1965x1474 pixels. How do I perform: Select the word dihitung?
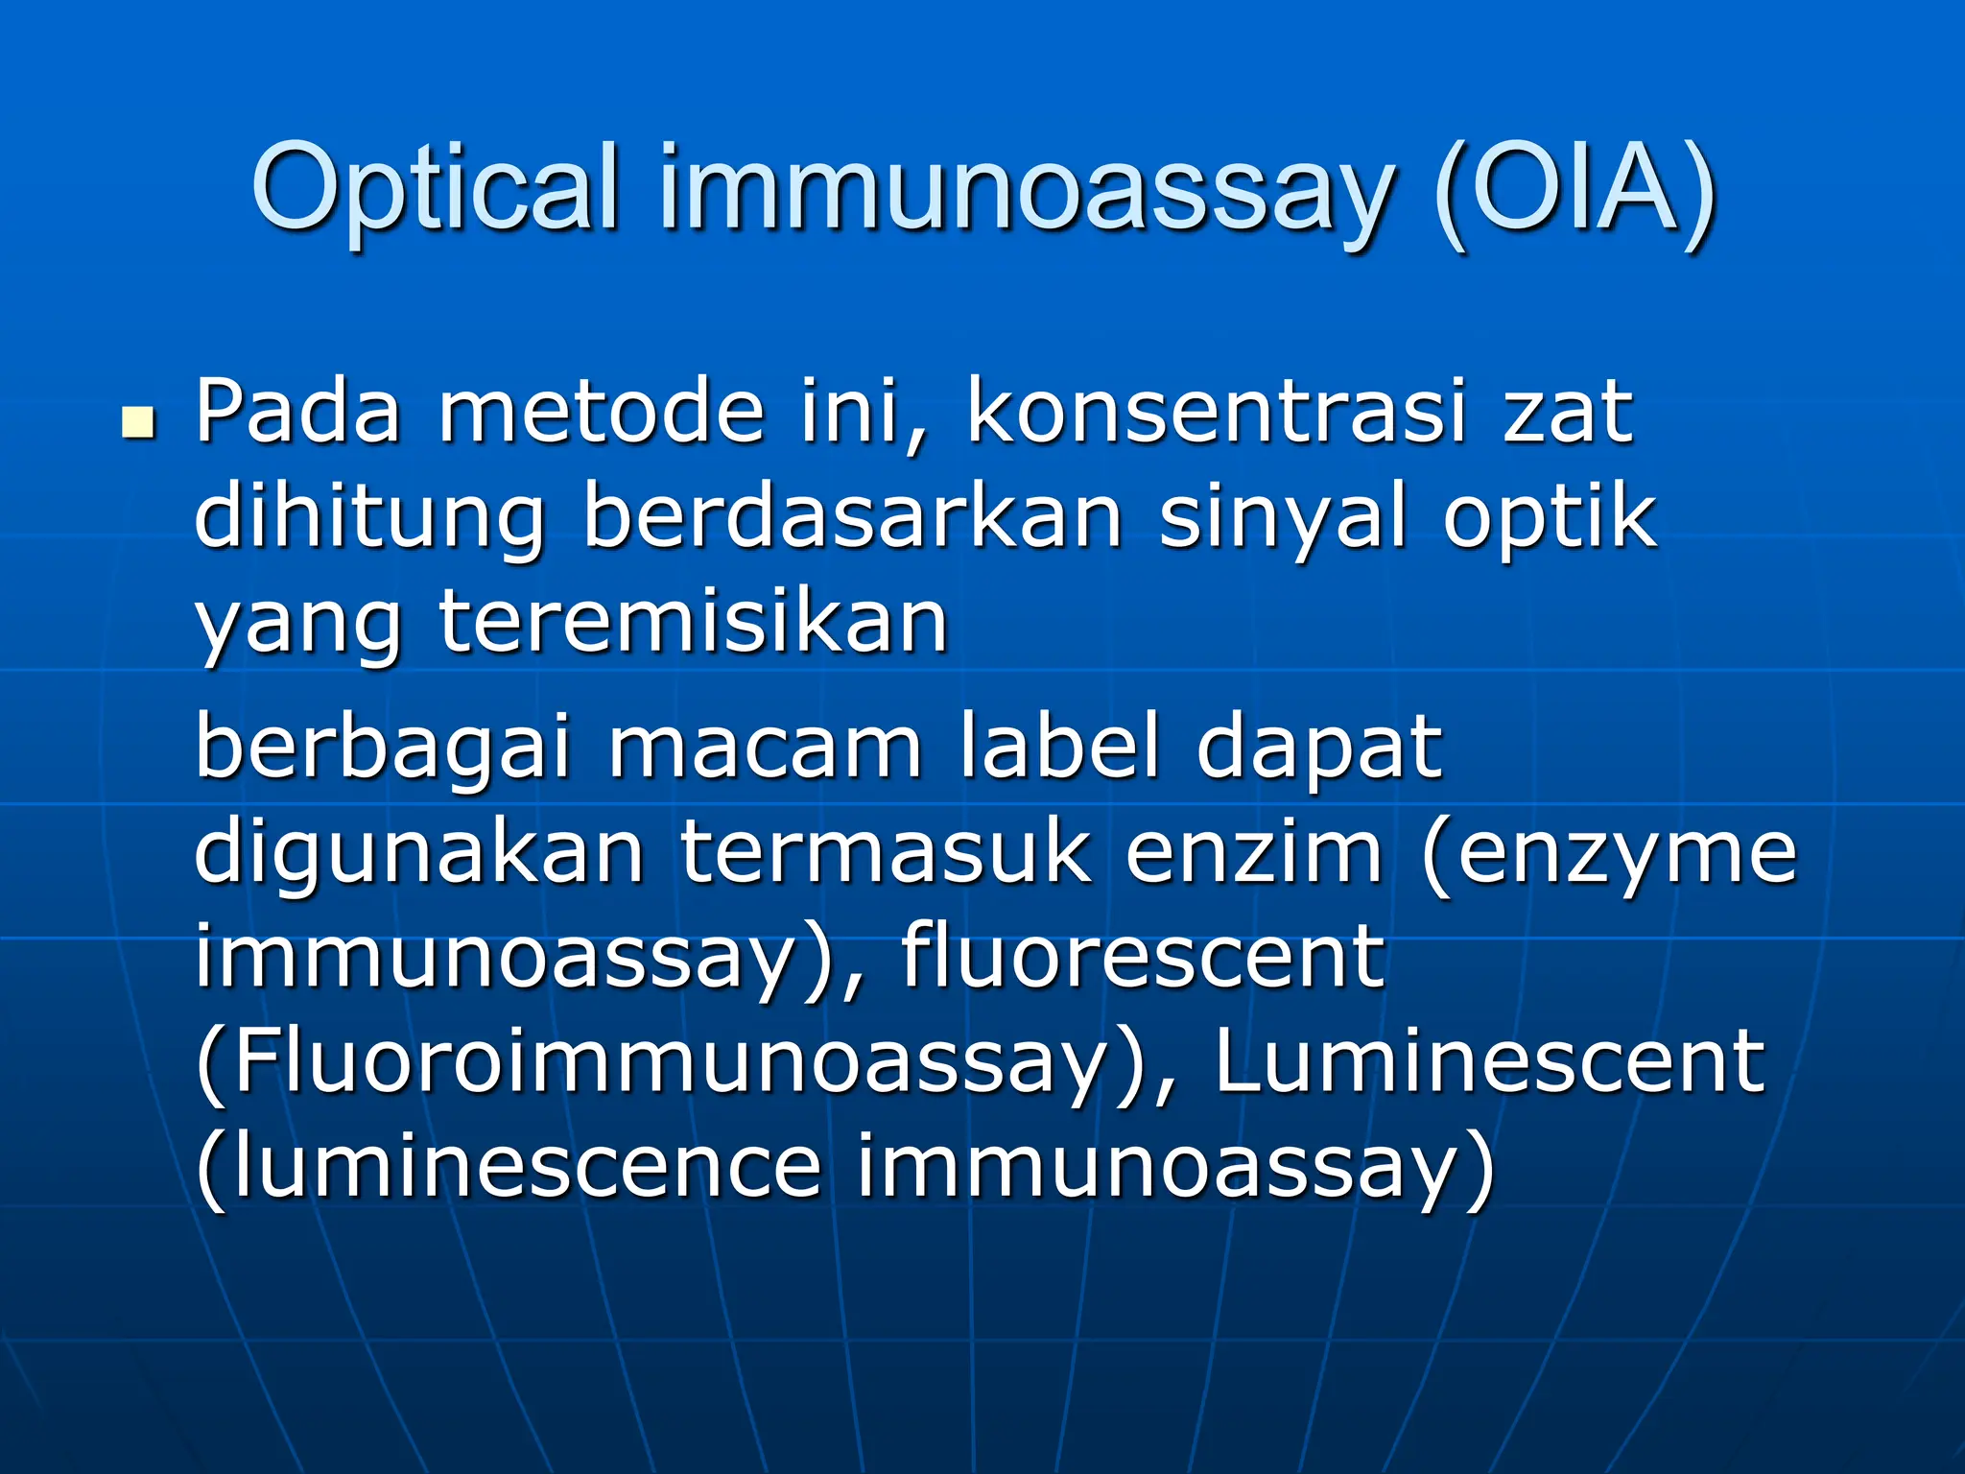click(x=369, y=520)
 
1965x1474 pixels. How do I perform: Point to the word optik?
click(x=1549, y=520)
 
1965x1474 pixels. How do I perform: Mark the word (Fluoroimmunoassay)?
click(x=685, y=1063)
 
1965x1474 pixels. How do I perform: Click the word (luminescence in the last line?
click(x=508, y=1167)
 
